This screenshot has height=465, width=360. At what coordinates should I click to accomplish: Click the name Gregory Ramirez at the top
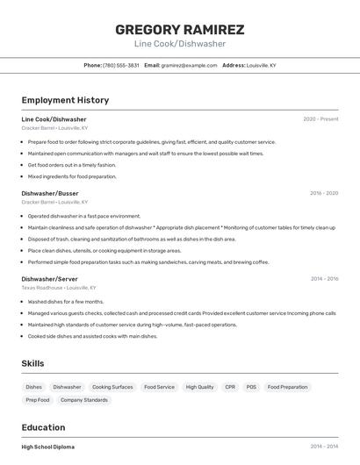[x=180, y=29]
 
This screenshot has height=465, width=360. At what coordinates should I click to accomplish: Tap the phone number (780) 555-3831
[x=121, y=65]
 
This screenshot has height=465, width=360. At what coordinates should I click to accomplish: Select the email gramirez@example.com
[x=189, y=65]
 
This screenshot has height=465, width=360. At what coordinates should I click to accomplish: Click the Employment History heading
[x=65, y=100]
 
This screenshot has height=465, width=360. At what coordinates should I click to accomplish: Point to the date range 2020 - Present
[x=320, y=119]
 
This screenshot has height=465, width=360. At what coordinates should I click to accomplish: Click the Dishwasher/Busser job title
[x=50, y=193]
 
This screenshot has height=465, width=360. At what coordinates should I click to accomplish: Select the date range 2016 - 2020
[x=324, y=193]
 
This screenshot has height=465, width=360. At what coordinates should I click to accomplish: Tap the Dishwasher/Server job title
[x=49, y=279]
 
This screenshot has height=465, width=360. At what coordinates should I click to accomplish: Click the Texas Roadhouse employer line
[x=59, y=288]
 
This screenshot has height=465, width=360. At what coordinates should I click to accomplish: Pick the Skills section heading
[x=33, y=362]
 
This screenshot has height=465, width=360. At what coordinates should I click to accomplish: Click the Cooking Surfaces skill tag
[x=112, y=387]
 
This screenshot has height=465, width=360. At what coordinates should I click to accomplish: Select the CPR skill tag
[x=230, y=387]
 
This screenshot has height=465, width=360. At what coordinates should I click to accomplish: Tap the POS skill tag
[x=251, y=387]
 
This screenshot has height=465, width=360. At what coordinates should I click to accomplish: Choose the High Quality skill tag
[x=199, y=387]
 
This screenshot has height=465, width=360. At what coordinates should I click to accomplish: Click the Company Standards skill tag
[x=84, y=400]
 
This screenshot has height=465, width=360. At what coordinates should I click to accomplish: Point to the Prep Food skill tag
[x=38, y=400]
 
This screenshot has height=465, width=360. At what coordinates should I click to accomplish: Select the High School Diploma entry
[x=48, y=447]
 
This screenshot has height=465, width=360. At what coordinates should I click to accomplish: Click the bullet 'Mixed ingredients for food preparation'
[x=72, y=176]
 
